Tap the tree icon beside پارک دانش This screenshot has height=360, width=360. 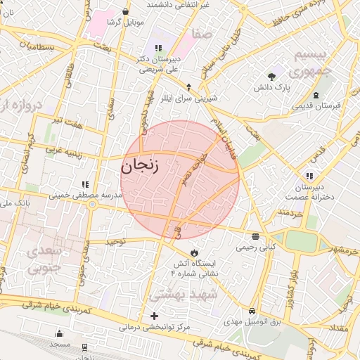pyautogui.click(x=271, y=77)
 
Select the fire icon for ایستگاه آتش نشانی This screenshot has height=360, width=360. pyautogui.click(x=195, y=252)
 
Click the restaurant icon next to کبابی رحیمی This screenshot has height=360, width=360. pyautogui.click(x=255, y=236)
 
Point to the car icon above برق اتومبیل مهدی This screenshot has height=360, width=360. pyautogui.click(x=252, y=311)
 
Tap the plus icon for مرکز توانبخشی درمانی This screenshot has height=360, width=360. pyautogui.click(x=155, y=316)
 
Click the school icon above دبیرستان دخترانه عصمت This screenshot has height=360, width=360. pyautogui.click(x=309, y=176)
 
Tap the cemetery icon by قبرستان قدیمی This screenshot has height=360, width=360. pyautogui.click(x=316, y=95)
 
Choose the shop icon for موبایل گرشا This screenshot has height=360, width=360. pyautogui.click(x=125, y=11)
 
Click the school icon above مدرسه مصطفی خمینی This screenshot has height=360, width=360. pyautogui.click(x=85, y=184)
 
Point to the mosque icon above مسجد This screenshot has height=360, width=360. pyautogui.click(x=59, y=334)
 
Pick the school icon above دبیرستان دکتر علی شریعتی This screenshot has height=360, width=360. pyautogui.click(x=158, y=49)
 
